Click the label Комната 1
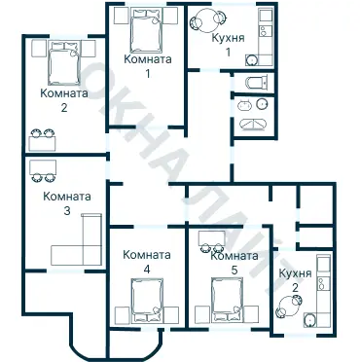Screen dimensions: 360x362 [x=148, y=66]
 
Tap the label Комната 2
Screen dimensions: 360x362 [x=64, y=100]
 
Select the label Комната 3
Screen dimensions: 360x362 [x=67, y=203]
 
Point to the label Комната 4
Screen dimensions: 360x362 [x=147, y=262]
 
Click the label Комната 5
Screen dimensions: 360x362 [x=234, y=263]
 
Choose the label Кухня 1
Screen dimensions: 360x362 [x=228, y=45]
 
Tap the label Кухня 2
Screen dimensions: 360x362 [x=295, y=280]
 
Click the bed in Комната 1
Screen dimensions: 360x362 [x=146, y=30]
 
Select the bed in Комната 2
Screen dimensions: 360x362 [x=64, y=62]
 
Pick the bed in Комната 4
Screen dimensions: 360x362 [x=147, y=301]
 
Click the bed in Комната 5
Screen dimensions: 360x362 [x=227, y=301]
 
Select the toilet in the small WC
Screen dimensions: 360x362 [x=257, y=83]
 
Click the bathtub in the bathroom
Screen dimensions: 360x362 [x=253, y=125]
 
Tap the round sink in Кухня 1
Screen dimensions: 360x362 [x=251, y=59]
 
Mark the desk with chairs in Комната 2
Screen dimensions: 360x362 [x=43, y=140]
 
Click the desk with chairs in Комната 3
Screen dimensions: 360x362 [x=43, y=170]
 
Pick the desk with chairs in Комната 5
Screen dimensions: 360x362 [x=212, y=241]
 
